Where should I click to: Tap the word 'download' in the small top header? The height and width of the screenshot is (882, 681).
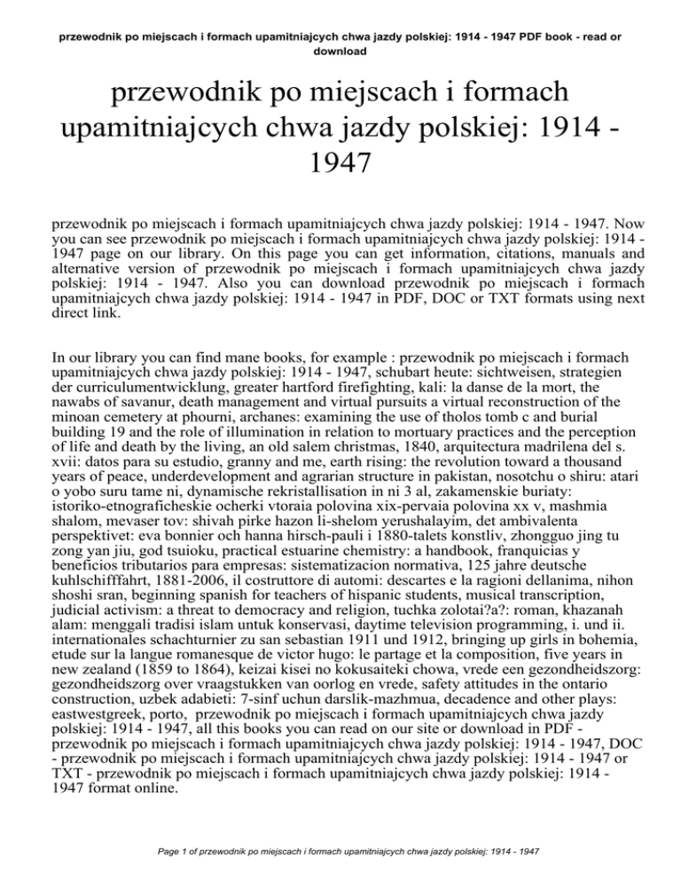(x=340, y=51)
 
